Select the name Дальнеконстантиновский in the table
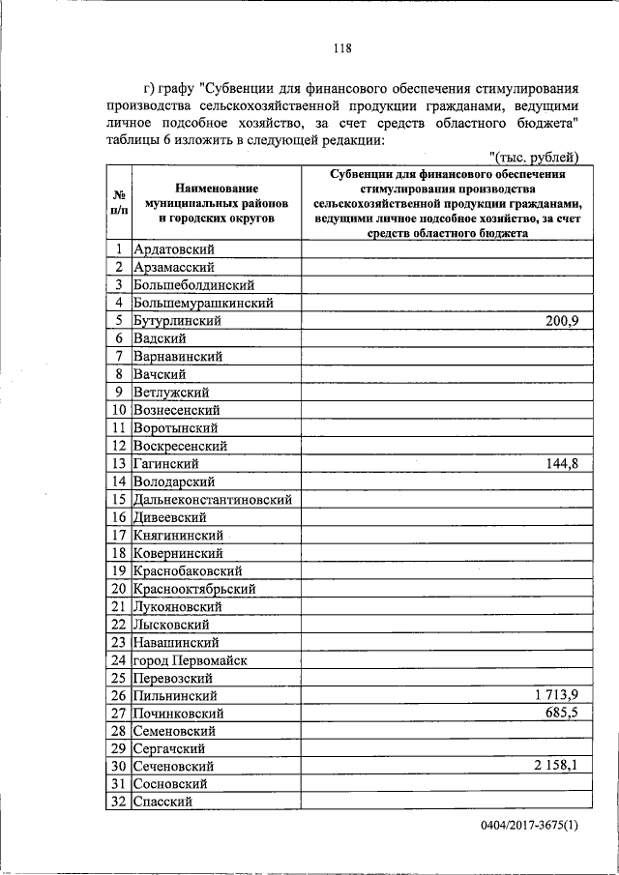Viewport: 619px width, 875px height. pyautogui.click(x=213, y=500)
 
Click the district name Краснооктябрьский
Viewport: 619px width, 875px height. pyautogui.click(x=194, y=589)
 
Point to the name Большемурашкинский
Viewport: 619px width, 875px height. pyautogui.click(x=203, y=304)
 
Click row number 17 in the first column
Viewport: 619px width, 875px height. pyautogui.click(x=119, y=535)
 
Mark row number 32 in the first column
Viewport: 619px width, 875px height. pyautogui.click(x=119, y=802)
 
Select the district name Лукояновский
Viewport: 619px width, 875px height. pyautogui.click(x=178, y=607)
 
